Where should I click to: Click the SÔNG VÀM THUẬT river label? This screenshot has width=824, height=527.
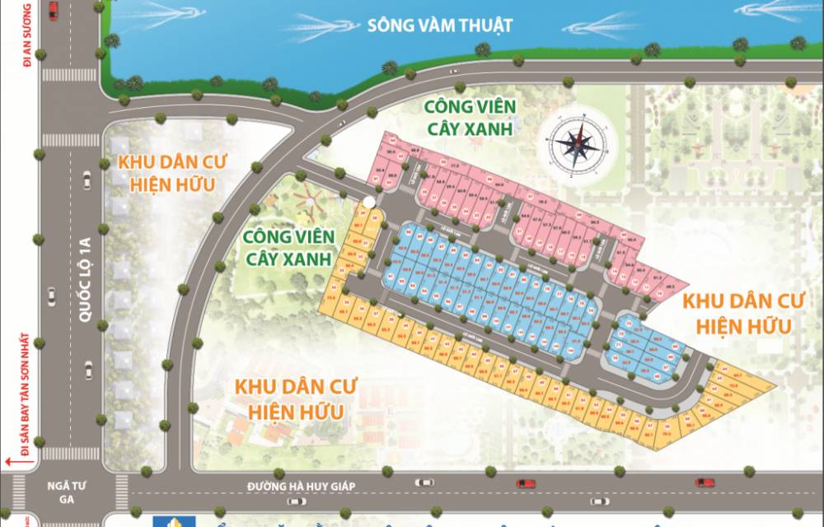click(440, 26)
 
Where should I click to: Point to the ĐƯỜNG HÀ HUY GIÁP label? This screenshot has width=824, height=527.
click(302, 487)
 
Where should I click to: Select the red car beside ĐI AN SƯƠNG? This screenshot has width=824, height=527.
click(54, 10)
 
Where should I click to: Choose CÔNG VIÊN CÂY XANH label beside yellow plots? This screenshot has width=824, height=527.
click(288, 246)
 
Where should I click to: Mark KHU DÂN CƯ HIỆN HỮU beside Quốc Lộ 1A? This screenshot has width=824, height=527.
click(172, 172)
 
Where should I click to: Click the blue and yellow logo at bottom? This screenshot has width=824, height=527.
click(172, 521)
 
